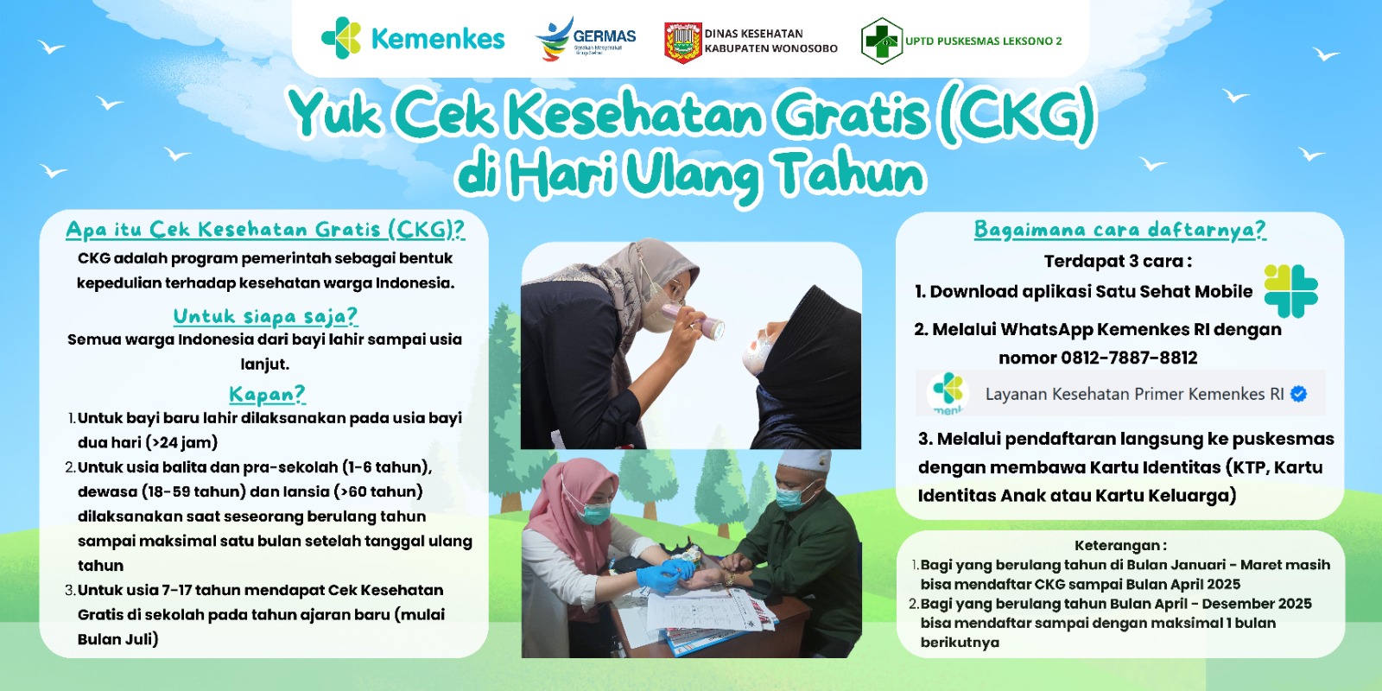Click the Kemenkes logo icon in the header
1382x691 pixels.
click(341, 38)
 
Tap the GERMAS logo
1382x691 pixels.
click(586, 39)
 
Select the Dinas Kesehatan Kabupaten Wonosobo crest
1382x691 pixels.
click(682, 42)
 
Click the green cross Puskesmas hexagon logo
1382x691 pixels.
click(882, 41)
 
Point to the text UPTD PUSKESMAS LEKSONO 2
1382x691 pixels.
click(984, 41)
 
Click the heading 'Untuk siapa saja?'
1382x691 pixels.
click(265, 316)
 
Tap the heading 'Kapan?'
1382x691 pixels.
click(267, 394)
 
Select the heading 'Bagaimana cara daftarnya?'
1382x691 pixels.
click(1119, 230)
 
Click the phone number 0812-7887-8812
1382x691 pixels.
click(1128, 358)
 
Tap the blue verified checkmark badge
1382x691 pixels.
click(1298, 394)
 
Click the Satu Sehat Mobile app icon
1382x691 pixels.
click(1290, 290)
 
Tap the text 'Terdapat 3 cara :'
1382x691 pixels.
click(1118, 262)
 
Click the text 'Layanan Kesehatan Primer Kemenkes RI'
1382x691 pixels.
click(1134, 394)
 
